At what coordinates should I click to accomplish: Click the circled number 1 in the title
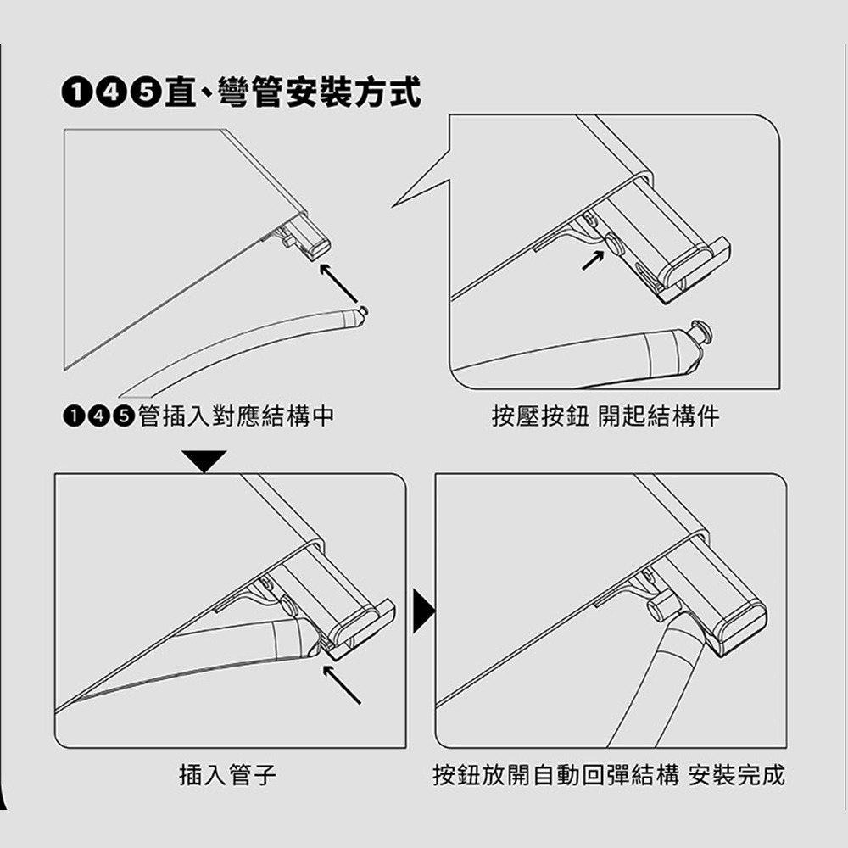(78, 93)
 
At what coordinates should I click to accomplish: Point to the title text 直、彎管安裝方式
(293, 93)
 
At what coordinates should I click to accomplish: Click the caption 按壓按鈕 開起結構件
(605, 416)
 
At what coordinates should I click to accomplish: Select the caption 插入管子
(227, 774)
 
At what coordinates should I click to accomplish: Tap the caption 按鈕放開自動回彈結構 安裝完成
(609, 774)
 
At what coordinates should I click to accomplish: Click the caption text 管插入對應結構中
(236, 416)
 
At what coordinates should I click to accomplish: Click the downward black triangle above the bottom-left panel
(204, 460)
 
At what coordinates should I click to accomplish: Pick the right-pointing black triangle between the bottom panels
(423, 611)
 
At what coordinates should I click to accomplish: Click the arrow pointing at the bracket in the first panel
(338, 283)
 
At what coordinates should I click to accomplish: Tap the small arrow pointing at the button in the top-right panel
(593, 260)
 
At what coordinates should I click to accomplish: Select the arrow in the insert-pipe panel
(342, 684)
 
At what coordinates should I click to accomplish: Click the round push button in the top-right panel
(615, 243)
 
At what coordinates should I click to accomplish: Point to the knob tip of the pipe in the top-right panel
(701, 331)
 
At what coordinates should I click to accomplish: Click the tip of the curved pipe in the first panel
(360, 313)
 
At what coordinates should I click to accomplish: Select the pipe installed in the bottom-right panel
(656, 683)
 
